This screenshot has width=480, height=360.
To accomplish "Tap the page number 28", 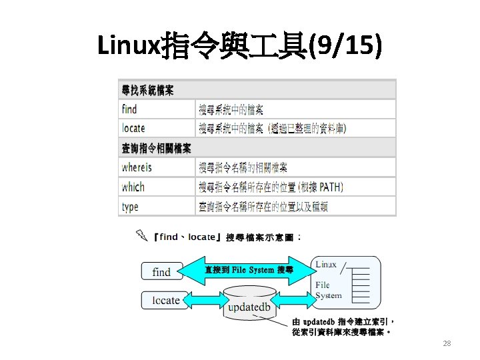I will tap(447, 343).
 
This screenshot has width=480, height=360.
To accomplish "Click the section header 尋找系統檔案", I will tap(147, 90).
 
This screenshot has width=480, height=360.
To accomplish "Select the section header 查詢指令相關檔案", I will tap(156, 148).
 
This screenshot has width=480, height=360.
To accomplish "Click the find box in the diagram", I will tap(161, 271).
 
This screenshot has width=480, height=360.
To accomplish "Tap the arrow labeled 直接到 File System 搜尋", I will tap(249, 270).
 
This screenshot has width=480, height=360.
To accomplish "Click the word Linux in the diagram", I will tap(326, 265).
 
